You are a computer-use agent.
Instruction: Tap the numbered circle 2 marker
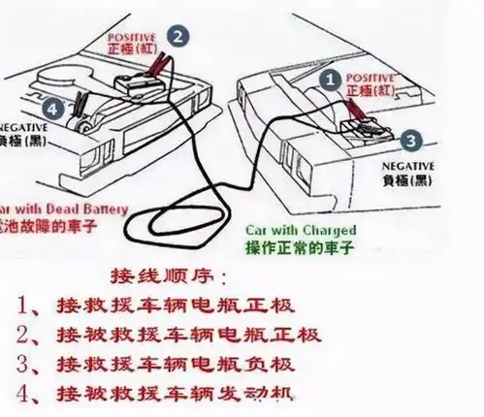(x=177, y=36)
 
